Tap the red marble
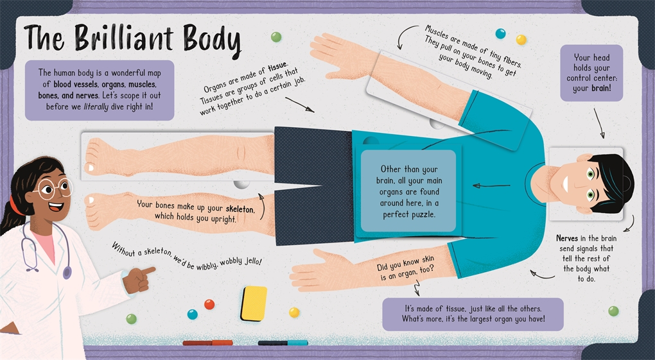pyautogui.click(x=209, y=304)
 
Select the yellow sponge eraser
pyautogui.click(x=254, y=303)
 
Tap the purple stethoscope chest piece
pyautogui.click(x=67, y=273)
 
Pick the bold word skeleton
pyautogui.click(x=240, y=209)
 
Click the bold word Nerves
pyautogui.click(x=567, y=238)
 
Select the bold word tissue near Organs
pyautogui.click(x=277, y=67)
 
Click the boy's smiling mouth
pyautogui.click(x=565, y=184)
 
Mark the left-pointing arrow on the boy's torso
pyautogui.click(x=491, y=185)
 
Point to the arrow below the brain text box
pyautogui.click(x=598, y=123)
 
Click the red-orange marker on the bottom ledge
pyautogui.click(x=207, y=343)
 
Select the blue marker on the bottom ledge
pyautogui.click(x=283, y=343)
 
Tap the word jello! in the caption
pyautogui.click(x=253, y=261)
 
